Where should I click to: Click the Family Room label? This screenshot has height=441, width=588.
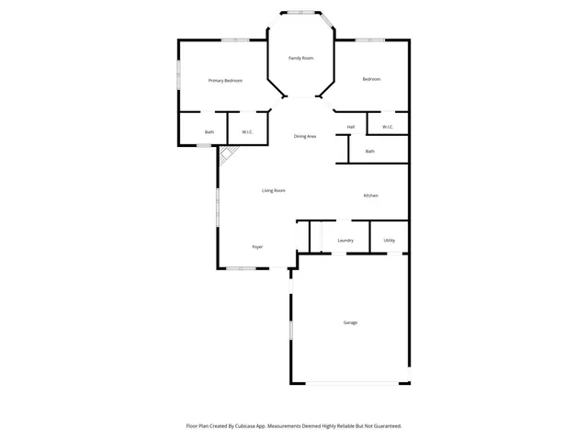(x=300, y=58)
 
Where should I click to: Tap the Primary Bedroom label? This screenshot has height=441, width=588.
(x=225, y=81)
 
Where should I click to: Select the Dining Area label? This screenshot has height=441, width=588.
(x=305, y=136)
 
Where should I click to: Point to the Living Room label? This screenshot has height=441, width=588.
(x=273, y=190)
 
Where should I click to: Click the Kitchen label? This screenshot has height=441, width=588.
(x=370, y=196)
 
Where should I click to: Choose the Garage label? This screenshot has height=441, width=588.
(x=350, y=322)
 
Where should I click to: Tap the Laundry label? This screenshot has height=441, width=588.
(x=345, y=241)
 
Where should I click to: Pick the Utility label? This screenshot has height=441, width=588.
(x=390, y=241)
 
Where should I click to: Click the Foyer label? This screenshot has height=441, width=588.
(x=258, y=247)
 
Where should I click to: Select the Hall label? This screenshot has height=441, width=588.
(x=351, y=127)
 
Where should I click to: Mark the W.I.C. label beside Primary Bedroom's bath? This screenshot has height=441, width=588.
(x=248, y=132)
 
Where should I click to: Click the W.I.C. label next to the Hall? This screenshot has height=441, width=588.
(x=388, y=127)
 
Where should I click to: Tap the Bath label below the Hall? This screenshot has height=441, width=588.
(x=370, y=152)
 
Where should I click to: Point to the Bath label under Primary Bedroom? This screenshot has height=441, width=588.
(x=209, y=132)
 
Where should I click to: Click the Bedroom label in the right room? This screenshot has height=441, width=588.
(x=371, y=79)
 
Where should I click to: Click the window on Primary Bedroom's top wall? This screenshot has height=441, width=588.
(x=235, y=40)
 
